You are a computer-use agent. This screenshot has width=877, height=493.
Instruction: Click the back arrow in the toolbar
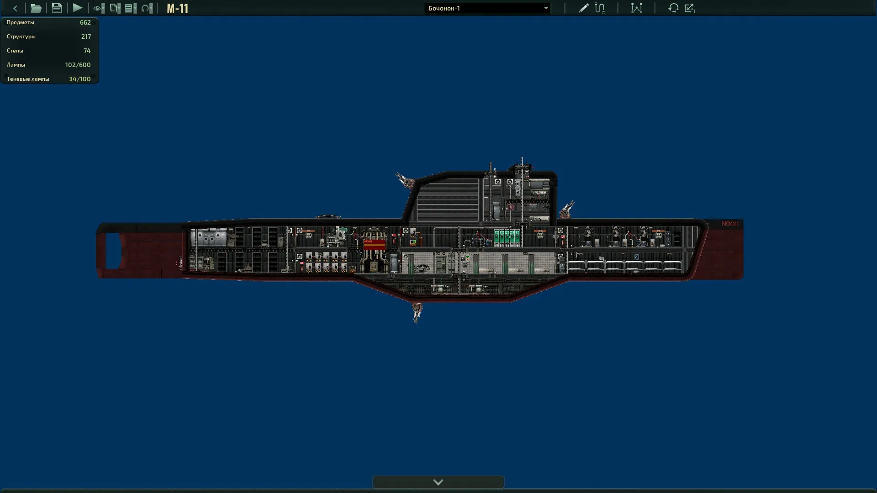15,8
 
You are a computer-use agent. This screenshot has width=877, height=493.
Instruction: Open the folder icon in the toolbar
36,8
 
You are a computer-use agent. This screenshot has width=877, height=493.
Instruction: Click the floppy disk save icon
57,8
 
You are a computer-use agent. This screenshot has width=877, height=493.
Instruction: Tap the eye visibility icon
97,8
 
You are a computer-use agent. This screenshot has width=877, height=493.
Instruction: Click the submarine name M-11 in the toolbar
177,9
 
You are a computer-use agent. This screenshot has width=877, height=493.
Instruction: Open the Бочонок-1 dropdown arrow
546,8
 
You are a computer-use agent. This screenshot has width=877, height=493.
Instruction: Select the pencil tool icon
583,8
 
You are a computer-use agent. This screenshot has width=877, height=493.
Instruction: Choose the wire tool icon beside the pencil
600,8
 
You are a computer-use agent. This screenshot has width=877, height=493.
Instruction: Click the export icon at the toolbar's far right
690,8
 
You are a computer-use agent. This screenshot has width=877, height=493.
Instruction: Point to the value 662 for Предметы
85,22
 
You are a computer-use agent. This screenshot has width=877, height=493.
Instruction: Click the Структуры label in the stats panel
21,37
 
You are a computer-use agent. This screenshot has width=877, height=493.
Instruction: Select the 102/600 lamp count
78,65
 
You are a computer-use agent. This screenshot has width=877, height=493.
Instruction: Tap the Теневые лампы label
28,79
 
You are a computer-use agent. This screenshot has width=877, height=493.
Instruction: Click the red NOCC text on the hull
730,224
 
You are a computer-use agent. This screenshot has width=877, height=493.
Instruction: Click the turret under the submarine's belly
417,312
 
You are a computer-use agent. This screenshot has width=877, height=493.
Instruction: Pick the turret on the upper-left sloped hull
405,180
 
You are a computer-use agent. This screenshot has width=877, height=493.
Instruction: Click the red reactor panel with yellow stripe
375,245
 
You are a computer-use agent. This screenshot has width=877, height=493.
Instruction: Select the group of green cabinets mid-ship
507,237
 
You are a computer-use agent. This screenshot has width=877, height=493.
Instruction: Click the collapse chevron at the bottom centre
438,482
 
